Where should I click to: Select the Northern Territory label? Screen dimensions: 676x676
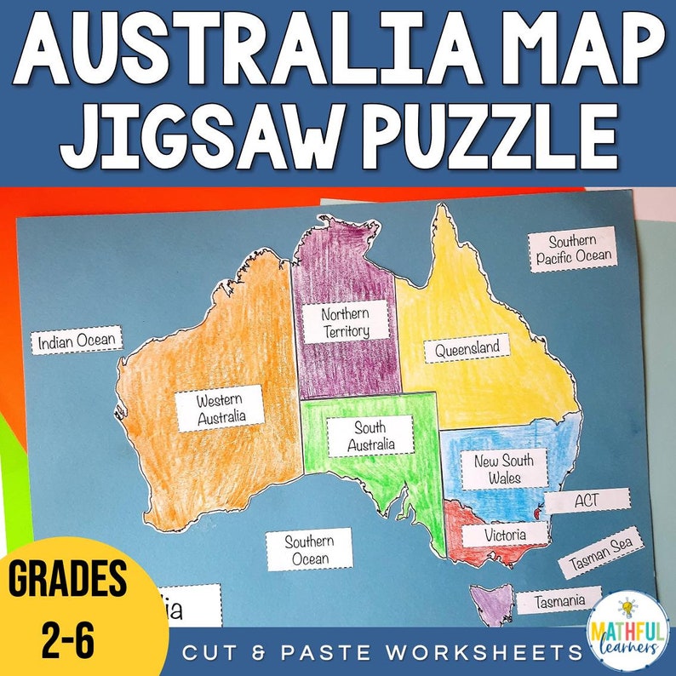(x=345, y=323)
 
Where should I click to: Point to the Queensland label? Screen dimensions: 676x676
(x=467, y=349)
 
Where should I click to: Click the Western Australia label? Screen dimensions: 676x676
(x=221, y=409)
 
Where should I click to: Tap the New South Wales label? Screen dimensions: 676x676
(x=504, y=468)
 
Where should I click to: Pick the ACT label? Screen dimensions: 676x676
(x=587, y=501)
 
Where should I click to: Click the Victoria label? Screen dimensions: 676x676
(x=505, y=535)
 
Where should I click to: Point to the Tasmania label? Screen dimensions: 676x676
(x=559, y=601)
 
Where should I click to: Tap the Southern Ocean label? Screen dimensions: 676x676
(x=308, y=550)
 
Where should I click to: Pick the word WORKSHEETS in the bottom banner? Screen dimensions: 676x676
(x=484, y=653)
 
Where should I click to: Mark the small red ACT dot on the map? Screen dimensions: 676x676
(x=536, y=513)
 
